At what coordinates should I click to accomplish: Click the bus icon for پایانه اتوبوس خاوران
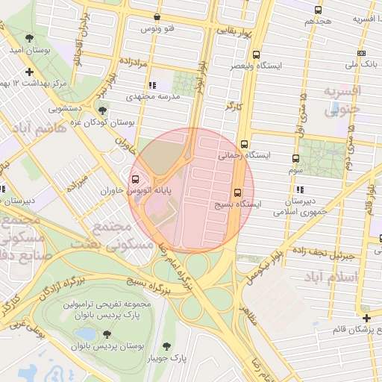click(135, 180)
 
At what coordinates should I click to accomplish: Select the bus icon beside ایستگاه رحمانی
click(244, 145)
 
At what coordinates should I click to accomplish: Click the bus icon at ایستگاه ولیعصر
click(257, 54)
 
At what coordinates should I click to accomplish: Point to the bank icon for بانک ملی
click(362, 53)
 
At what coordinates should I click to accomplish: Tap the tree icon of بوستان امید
click(29, 37)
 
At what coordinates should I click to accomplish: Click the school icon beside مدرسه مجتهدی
click(153, 85)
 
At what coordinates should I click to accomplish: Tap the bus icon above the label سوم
click(295, 158)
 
